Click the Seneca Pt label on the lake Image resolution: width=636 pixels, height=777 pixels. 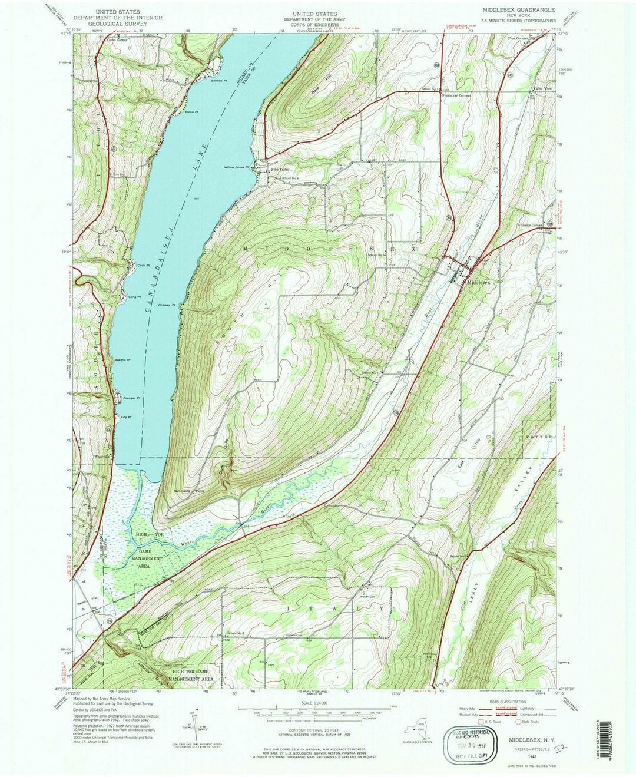(x=219, y=81)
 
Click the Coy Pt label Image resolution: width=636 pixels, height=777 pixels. (x=125, y=418)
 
